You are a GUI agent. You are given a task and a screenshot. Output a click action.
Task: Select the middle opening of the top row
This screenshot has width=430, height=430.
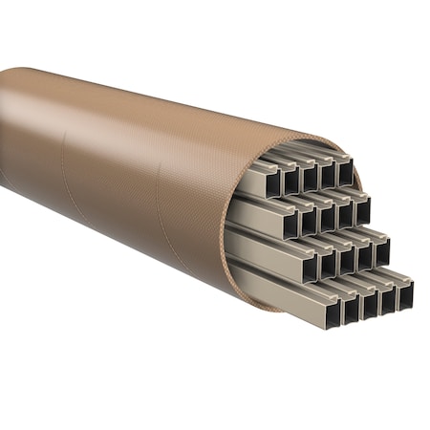pos(309,177)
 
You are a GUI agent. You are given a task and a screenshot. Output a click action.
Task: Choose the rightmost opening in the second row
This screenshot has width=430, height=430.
pos(362,209)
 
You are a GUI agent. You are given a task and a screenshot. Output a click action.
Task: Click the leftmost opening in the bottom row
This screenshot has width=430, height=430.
pos(331,312)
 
